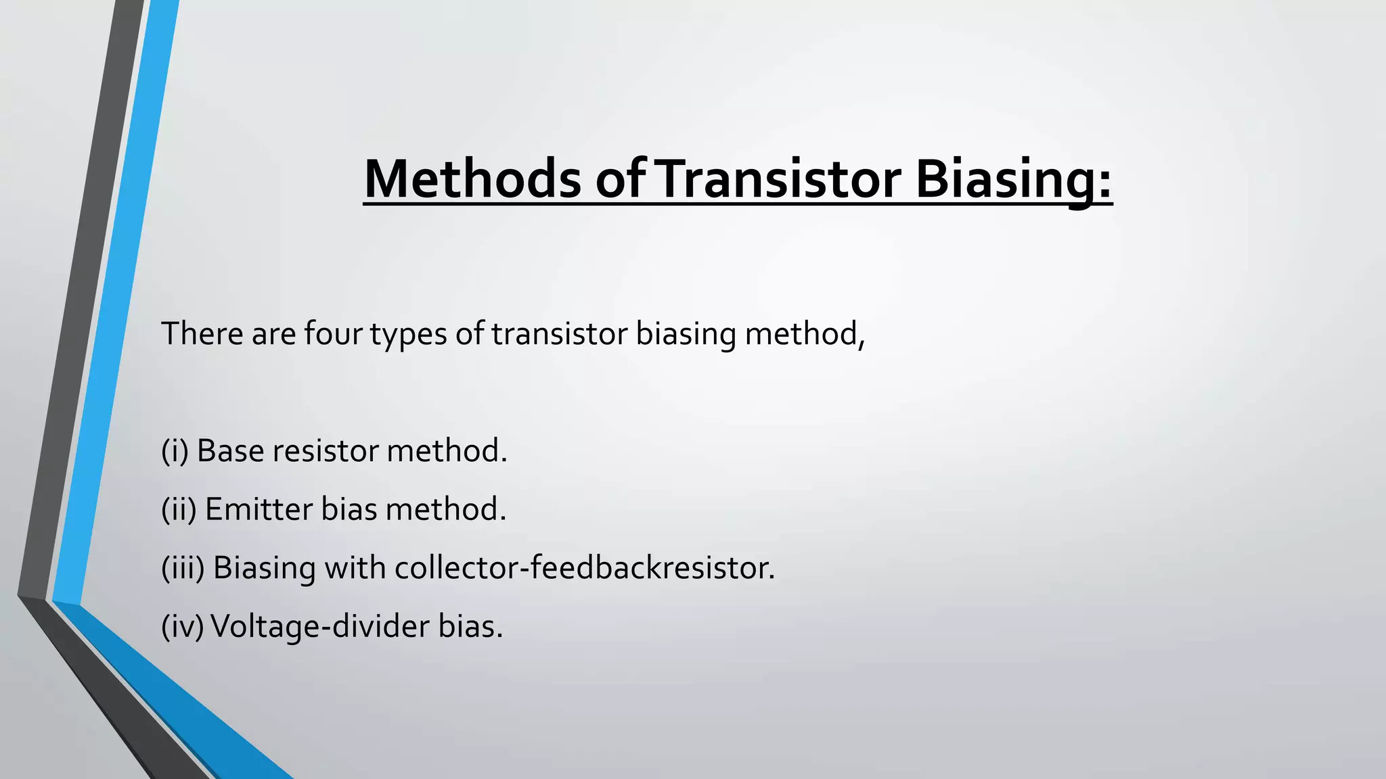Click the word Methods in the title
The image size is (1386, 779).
(472, 179)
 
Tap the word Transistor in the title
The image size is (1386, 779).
(778, 179)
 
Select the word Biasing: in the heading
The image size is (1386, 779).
(1013, 179)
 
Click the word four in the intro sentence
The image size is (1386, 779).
(333, 334)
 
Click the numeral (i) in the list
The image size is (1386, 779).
(175, 451)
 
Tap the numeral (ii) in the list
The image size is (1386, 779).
(179, 509)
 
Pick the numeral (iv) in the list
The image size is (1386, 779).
(182, 626)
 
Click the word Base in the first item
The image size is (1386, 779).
(230, 451)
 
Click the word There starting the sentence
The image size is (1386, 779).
(202, 334)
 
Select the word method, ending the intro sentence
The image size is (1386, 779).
(804, 334)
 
